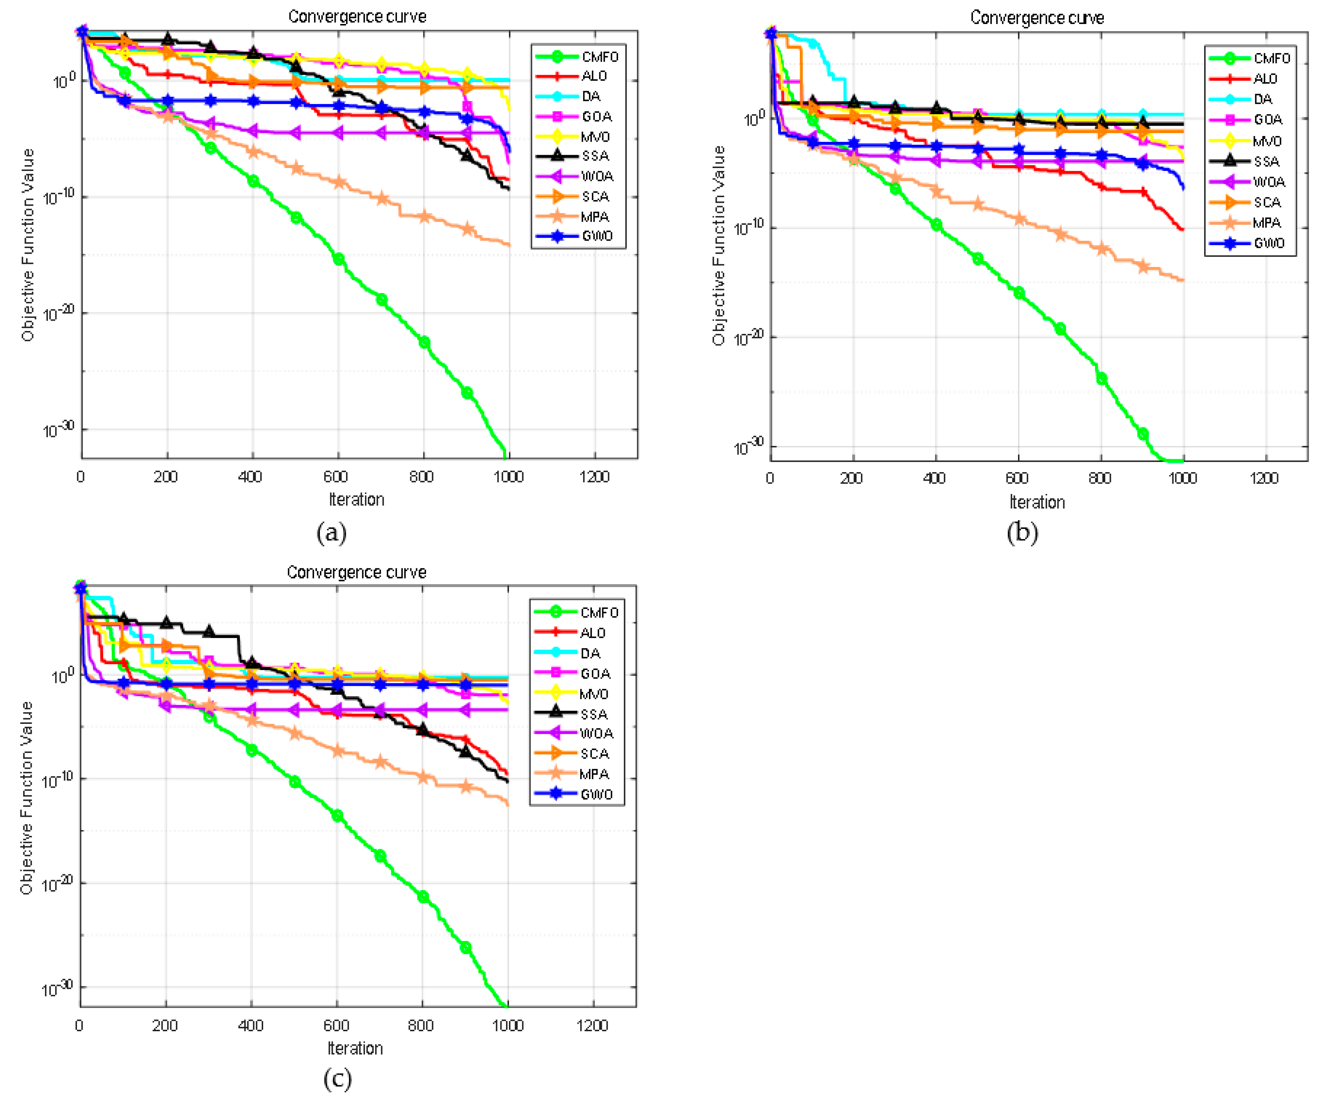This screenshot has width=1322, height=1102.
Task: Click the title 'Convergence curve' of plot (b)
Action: coord(1036,18)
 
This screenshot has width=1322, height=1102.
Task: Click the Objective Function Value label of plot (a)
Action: coord(27,245)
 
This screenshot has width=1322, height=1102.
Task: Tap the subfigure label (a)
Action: coord(331,533)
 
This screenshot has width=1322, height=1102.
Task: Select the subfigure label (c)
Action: coord(338,1079)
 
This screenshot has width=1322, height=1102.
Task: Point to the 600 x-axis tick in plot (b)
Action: coord(1017,479)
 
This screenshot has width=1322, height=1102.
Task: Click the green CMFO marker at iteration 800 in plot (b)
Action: coord(1101,379)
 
